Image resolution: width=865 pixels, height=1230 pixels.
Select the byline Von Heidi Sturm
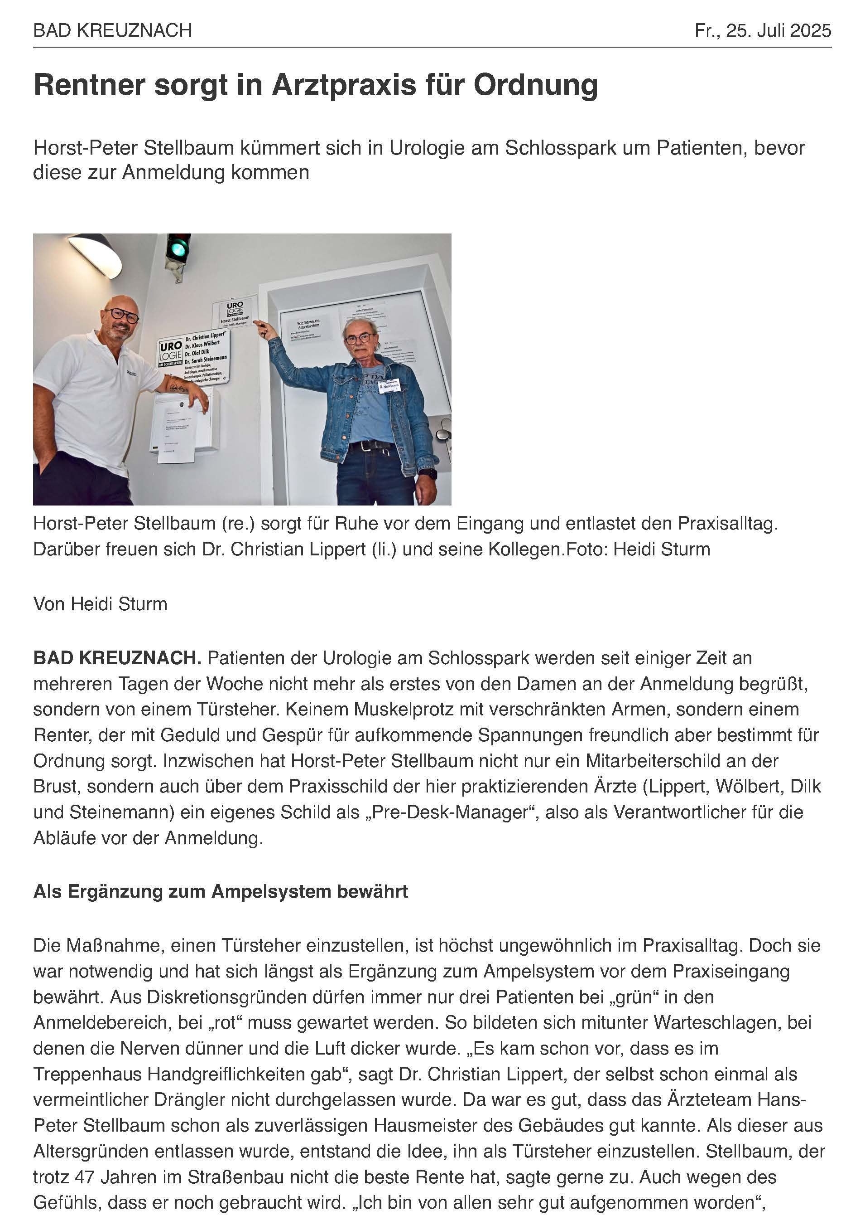coord(100,604)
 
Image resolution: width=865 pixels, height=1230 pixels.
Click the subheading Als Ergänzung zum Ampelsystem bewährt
coord(221,891)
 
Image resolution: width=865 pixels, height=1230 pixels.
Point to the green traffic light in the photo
coord(178,248)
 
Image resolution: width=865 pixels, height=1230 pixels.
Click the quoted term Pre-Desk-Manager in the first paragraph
coord(460,812)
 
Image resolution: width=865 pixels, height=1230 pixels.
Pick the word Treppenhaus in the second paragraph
coord(87,1074)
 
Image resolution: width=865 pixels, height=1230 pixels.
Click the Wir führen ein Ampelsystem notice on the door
coord(308,325)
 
